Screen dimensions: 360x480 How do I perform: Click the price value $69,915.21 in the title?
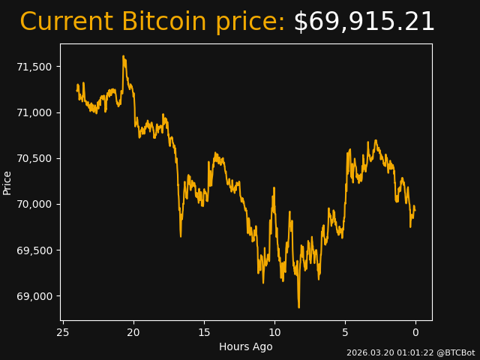[x=364, y=22]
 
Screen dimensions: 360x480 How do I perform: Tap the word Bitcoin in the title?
[x=163, y=22]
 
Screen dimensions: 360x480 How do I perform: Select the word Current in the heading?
[x=66, y=22]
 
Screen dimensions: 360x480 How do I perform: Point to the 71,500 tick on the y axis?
[x=34, y=67]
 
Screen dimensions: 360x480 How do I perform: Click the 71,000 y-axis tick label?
[x=34, y=112]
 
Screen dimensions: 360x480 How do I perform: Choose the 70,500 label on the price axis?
[x=34, y=158]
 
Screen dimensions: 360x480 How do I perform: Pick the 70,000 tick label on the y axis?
[x=34, y=204]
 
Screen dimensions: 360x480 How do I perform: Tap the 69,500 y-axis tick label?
[x=34, y=250]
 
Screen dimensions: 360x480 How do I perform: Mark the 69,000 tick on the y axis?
[x=34, y=296]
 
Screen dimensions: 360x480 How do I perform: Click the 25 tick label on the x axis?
[x=63, y=332]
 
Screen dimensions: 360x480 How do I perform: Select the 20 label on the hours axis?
[x=133, y=332]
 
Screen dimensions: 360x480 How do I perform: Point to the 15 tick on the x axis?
[x=204, y=332]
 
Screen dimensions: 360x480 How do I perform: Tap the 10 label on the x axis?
[x=274, y=332]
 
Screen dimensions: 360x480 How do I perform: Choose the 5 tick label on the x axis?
[x=345, y=332]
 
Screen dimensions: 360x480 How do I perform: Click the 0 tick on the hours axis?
[x=415, y=332]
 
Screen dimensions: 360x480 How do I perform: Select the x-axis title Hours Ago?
[x=245, y=346]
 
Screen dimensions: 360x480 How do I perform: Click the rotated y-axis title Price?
[x=7, y=182]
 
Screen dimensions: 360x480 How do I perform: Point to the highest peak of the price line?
[x=123, y=56]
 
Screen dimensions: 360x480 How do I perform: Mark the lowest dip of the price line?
[x=298, y=307]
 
